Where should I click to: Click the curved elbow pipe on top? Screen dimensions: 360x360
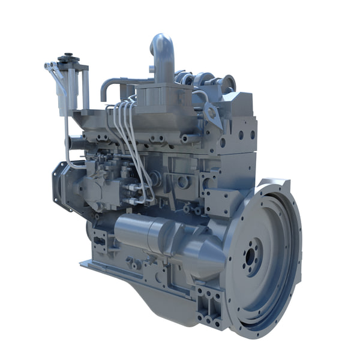[x=163, y=52]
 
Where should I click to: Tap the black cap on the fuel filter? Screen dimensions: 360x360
[x=68, y=60]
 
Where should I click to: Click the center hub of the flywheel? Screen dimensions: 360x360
[x=253, y=258]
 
